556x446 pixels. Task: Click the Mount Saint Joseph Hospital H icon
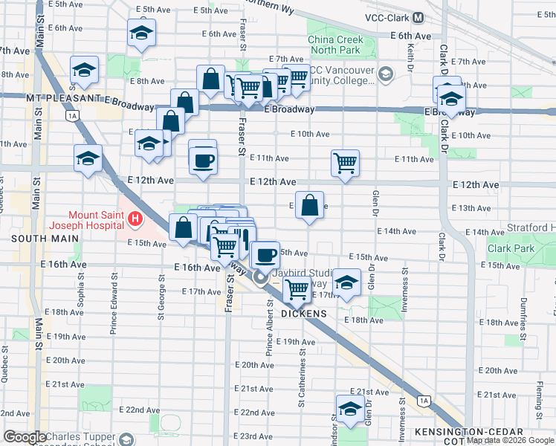coord(135,219)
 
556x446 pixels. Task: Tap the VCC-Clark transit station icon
coord(418,17)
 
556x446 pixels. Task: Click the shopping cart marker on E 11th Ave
coord(345,162)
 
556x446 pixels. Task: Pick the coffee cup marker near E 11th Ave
coord(203,159)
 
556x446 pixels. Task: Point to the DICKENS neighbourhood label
coord(304,314)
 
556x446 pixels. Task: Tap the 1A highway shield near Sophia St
coord(72,116)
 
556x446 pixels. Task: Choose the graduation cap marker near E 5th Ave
coord(141,33)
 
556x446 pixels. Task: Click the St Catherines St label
coord(303,384)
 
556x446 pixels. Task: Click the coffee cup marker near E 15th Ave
coord(265,256)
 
